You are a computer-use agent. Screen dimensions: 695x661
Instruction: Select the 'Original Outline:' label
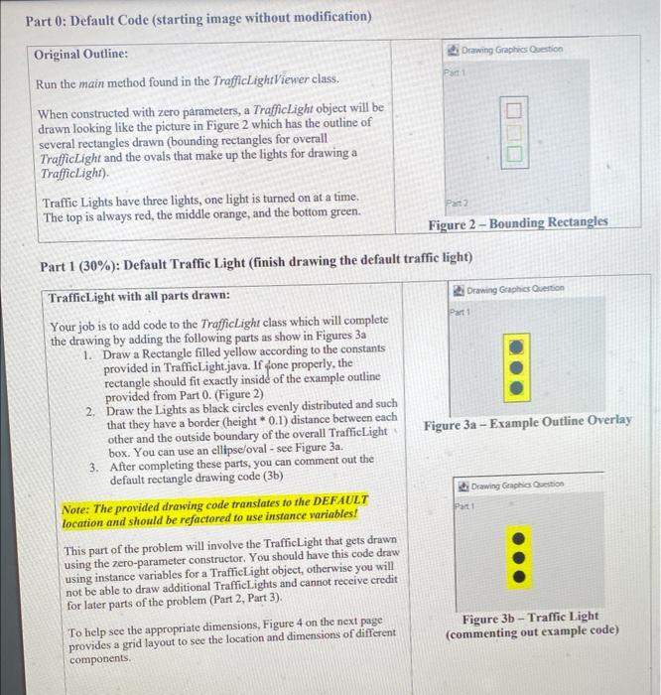point(81,54)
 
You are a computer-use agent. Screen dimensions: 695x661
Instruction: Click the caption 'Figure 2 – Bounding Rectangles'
point(518,222)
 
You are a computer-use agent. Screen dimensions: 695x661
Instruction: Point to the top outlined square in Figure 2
point(513,110)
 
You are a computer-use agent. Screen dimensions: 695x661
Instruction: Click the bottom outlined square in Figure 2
point(513,153)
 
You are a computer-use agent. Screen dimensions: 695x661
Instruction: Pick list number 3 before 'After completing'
point(92,460)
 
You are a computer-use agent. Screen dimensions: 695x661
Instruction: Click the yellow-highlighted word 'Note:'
point(79,500)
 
